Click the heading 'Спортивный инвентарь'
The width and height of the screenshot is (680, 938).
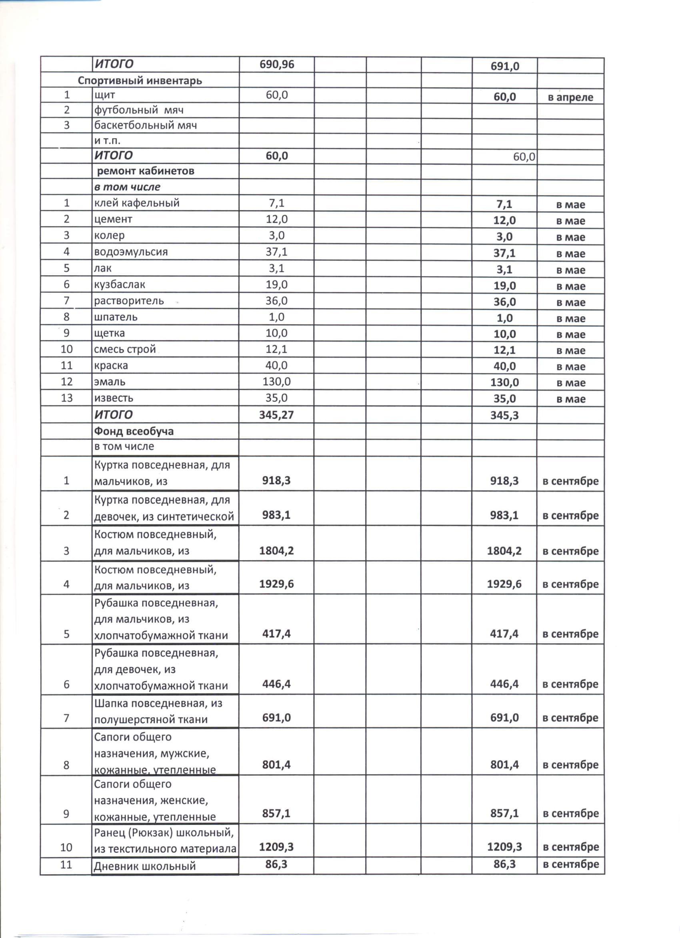[140, 80]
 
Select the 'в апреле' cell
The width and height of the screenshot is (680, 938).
[570, 98]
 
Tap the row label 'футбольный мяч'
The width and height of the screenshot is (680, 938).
[139, 110]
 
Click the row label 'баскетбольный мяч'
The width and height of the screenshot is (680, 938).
[146, 125]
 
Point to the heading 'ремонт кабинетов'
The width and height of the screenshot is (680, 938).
[146, 171]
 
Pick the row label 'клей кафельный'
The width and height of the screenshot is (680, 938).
[137, 203]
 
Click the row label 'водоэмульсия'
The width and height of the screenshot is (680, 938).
[131, 252]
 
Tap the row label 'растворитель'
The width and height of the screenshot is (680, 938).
[129, 301]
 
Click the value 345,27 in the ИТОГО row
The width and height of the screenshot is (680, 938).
[276, 415]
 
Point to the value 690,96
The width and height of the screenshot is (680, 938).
[277, 64]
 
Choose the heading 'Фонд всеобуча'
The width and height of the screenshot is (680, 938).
[134, 431]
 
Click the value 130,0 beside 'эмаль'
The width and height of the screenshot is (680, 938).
[276, 382]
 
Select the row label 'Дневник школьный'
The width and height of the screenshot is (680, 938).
[144, 866]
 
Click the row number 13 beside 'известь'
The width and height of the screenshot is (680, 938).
[66, 398]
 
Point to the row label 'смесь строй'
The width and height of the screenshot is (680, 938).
[125, 349]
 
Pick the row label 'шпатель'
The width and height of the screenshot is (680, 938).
[116, 317]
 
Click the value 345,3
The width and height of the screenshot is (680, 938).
[504, 415]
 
